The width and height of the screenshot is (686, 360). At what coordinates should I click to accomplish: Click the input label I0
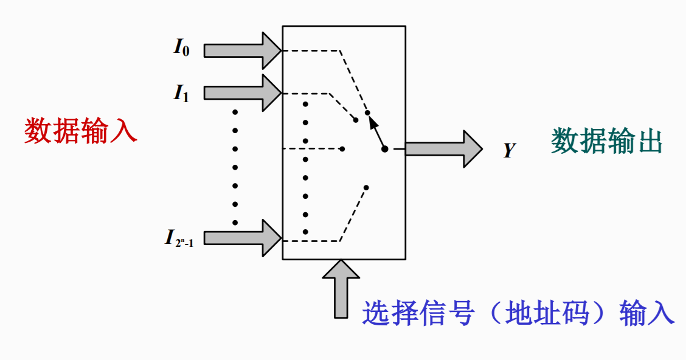coord(181,48)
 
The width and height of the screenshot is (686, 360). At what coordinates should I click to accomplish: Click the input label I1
coord(181,92)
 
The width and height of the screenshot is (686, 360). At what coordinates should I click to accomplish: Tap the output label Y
coord(509,150)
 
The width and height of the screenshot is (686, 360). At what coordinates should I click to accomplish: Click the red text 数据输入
coord(81,131)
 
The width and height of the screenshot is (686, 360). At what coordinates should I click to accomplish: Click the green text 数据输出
coord(606,142)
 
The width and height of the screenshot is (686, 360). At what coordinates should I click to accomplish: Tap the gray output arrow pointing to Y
coord(443,148)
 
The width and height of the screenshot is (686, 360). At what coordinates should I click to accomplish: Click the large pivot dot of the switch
coord(384,149)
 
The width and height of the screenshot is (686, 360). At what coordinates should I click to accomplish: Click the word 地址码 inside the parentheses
coord(546,314)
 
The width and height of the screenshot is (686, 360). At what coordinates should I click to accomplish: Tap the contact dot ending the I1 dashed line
coord(356,120)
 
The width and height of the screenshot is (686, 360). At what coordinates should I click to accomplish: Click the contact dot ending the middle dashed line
coord(342,148)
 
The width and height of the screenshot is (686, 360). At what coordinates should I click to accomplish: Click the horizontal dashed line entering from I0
coord(310,50)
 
